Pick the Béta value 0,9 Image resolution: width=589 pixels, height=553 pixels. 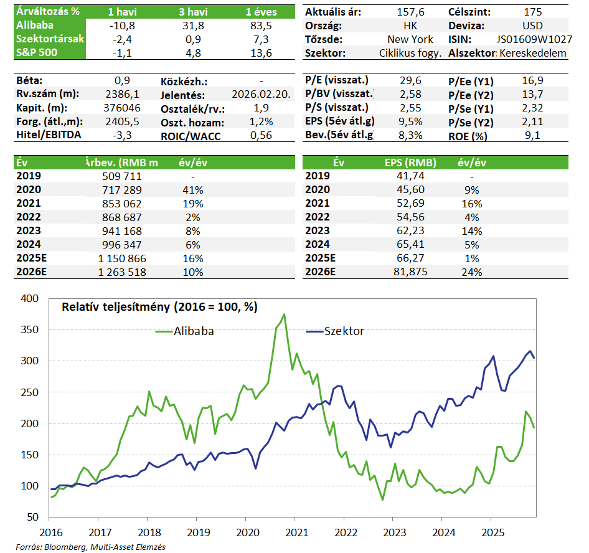coord(122,81)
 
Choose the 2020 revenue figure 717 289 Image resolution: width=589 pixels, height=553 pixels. coord(123,190)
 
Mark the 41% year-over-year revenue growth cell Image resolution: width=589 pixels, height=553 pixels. coord(192,190)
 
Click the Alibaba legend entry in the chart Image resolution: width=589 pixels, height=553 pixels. coord(184,331)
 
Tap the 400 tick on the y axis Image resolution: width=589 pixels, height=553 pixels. coord(30,299)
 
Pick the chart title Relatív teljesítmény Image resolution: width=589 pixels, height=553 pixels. coord(159,307)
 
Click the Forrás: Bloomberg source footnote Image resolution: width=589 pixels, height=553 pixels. coord(87,547)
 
